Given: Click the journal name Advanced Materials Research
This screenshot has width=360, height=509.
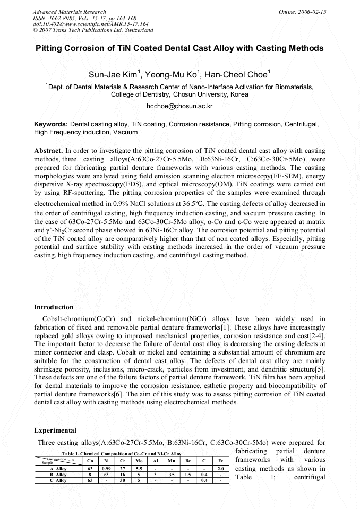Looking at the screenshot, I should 69,11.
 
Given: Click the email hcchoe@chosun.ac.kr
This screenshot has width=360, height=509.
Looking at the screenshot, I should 179,106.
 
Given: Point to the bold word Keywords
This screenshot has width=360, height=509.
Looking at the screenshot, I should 51,124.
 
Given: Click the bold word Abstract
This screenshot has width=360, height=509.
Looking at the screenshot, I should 48,151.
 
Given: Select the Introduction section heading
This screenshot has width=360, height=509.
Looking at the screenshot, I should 54,307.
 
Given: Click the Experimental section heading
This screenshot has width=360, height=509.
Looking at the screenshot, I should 55,430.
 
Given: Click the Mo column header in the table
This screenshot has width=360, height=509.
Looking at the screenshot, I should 139,461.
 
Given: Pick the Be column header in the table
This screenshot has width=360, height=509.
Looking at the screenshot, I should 188,461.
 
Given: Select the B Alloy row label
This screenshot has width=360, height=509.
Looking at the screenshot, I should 58,475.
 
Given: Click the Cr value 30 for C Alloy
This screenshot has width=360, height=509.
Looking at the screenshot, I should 123,480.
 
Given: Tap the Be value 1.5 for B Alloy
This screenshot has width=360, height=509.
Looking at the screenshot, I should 188,475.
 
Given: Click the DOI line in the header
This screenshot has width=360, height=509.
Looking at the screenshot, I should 76,24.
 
